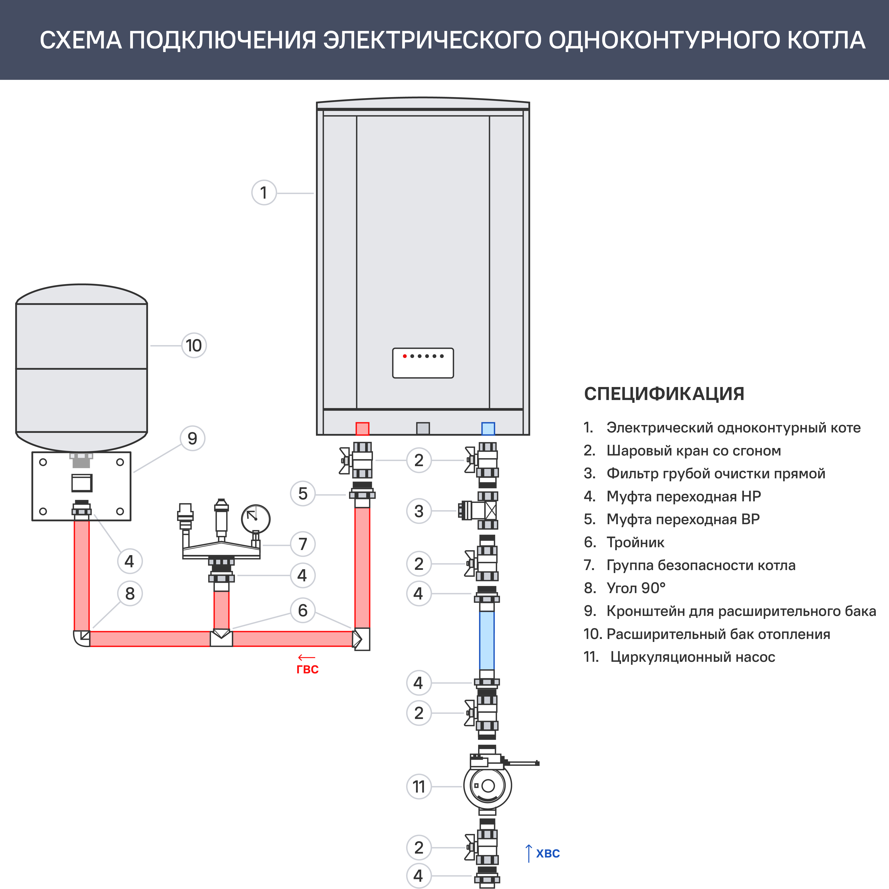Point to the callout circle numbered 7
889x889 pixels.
point(303,544)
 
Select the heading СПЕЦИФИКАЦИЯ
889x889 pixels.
point(663,394)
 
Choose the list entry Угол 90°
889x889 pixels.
point(636,588)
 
